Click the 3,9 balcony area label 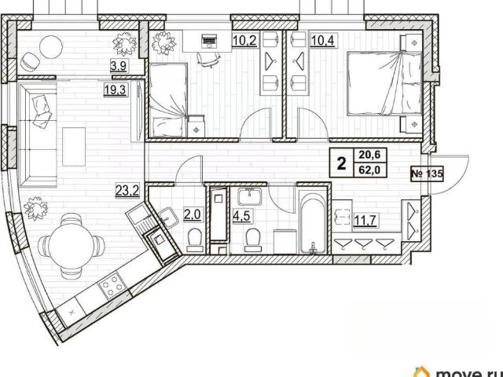[119, 66]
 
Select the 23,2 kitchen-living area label [127, 190]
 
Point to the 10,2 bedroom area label [244, 40]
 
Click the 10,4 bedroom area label [323, 41]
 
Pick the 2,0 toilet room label [192, 214]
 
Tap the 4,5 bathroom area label [241, 214]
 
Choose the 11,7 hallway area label [365, 220]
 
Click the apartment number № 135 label [427, 174]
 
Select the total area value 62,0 [369, 170]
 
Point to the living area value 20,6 [369, 156]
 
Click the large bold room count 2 [342, 163]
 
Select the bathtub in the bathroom [313, 221]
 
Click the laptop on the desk [208, 40]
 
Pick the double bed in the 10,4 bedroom [384, 83]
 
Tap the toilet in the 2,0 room [195, 240]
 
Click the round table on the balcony [51, 47]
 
